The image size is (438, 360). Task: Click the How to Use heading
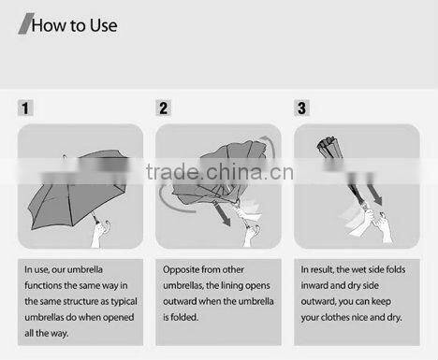pos(74,25)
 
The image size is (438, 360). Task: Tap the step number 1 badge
pos(25,108)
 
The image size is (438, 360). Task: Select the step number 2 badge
pos(164,108)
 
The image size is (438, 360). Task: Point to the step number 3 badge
pos(301,108)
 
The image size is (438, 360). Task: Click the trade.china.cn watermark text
pos(220,172)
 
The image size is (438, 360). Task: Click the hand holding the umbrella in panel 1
pos(100,232)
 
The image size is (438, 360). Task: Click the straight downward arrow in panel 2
pos(222,214)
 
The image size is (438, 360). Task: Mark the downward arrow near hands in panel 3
pos(374,194)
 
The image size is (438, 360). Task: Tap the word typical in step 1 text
pos(124,302)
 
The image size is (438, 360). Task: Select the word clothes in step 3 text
pos(335,317)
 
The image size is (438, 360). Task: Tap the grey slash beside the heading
pos(25,23)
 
